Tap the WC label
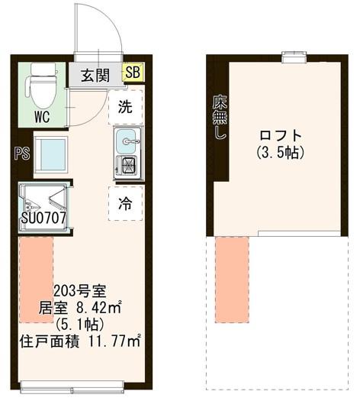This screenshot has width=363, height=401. tap(43, 118)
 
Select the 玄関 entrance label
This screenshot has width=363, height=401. tap(96, 75)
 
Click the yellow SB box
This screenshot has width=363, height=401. tap(133, 73)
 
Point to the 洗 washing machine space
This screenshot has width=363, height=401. tap(125, 107)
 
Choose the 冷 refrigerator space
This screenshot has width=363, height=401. tap(125, 203)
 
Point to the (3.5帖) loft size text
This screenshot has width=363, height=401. tap(281, 152)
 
